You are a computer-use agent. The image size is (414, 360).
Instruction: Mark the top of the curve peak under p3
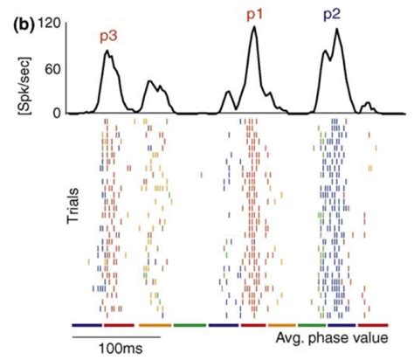point(107,52)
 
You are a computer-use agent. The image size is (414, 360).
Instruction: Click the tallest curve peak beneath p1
point(254,27)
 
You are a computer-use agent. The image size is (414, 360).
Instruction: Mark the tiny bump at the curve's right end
point(368,104)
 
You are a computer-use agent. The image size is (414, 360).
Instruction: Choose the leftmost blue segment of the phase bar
point(86,324)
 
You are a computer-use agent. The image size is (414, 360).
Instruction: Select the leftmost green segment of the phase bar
point(190,324)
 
